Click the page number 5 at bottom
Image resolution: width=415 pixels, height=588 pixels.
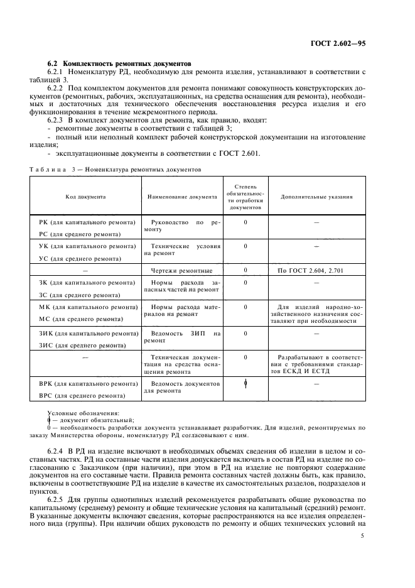coord(362,536)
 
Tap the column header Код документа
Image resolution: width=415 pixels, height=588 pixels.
coord(85,197)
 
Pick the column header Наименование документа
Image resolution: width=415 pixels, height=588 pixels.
coord(181,197)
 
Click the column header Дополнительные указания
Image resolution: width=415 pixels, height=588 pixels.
coord(316,197)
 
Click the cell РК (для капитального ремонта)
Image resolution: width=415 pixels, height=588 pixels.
coord(87,222)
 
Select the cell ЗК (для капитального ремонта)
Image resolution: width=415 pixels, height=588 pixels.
coord(87,283)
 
